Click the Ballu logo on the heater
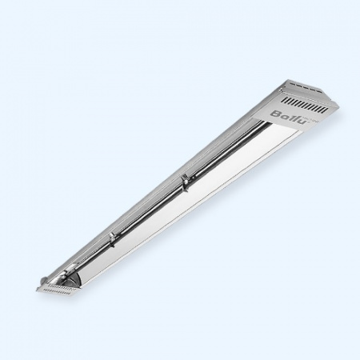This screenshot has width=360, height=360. click(290, 117)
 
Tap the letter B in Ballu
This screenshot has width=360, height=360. click(275, 114)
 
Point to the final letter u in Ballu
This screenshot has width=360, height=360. click(302, 121)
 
